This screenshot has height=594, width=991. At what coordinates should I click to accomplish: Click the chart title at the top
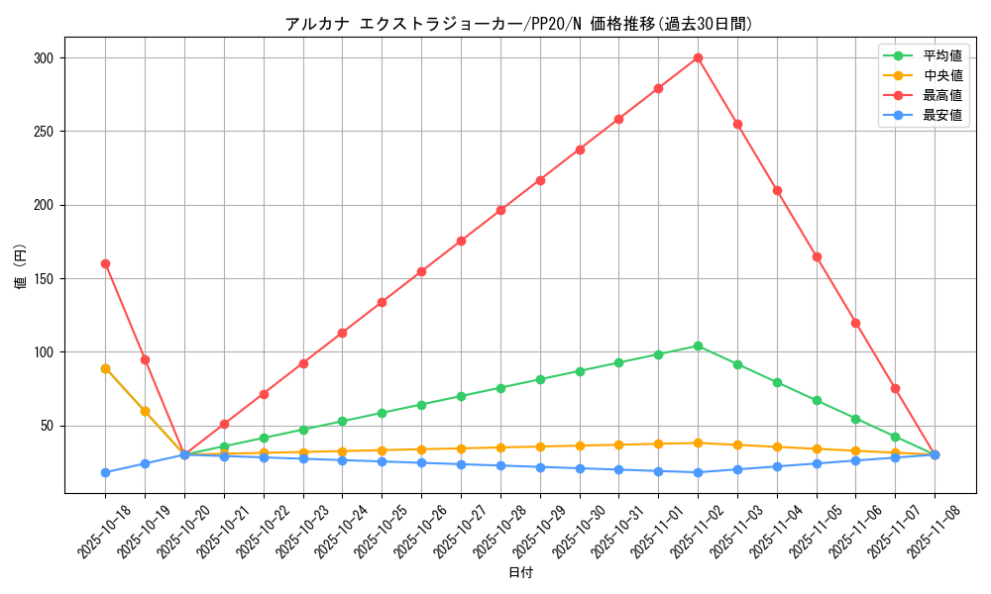518,24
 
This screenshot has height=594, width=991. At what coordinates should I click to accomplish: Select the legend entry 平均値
942,55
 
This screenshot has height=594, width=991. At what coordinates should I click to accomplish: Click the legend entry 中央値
942,75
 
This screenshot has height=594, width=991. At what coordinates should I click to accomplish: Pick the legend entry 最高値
942,95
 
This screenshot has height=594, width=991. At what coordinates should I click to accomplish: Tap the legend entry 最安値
942,115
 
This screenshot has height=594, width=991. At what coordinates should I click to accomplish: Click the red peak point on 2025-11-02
698,57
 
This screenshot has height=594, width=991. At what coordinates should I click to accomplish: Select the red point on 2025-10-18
105,263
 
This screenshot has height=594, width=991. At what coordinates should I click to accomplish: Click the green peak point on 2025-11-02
698,346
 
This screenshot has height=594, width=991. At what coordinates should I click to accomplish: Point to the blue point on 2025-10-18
105,472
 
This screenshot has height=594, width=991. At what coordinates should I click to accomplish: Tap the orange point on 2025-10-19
145,411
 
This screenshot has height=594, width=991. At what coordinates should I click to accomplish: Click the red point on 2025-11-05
817,256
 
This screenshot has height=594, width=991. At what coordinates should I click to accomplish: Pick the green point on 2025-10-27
461,396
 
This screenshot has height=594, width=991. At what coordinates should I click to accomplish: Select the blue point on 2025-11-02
698,472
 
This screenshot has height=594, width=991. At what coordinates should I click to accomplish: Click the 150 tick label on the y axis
46,279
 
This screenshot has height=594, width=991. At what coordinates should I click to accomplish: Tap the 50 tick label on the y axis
49,426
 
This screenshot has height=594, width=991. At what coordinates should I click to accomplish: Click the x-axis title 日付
520,573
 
